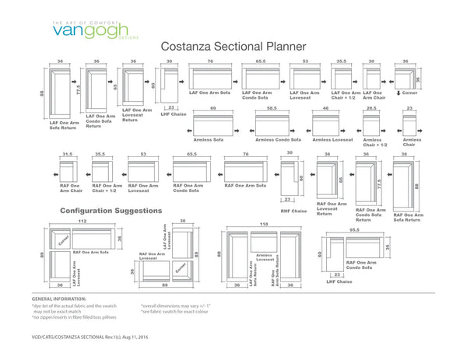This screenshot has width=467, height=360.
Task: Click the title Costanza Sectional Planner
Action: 233,47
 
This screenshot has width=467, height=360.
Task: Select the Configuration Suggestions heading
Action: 111,211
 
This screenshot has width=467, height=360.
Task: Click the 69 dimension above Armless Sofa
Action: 212,109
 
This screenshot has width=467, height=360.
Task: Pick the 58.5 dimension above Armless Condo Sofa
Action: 272,109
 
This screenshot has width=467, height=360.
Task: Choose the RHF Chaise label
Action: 293,211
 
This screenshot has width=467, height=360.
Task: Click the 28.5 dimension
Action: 371,109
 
